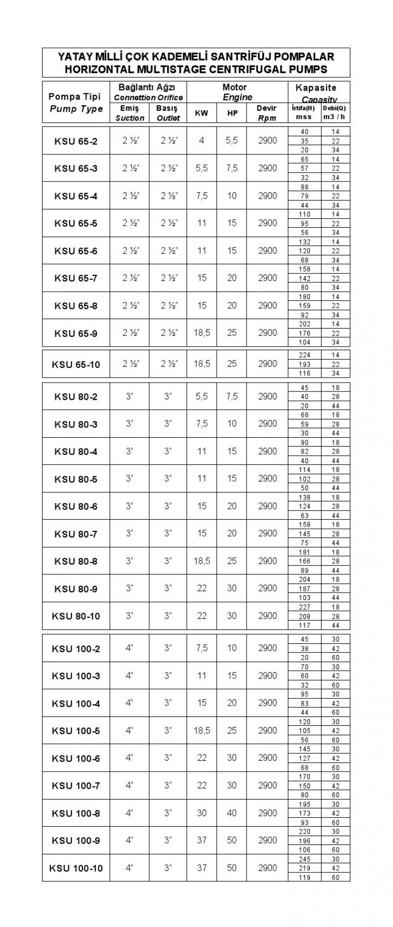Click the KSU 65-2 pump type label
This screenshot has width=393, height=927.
pyautogui.click(x=76, y=142)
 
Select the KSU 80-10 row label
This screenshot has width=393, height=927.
pyautogui.click(x=76, y=616)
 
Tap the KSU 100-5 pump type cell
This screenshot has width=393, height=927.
pyautogui.click(x=76, y=731)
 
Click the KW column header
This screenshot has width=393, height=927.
pyautogui.click(x=201, y=113)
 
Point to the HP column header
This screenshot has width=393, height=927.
pyautogui.click(x=232, y=113)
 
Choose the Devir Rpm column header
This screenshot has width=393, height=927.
pyautogui.click(x=267, y=113)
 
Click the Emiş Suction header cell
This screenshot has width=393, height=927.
pyautogui.click(x=130, y=113)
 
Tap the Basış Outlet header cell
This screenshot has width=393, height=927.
pyautogui.click(x=168, y=113)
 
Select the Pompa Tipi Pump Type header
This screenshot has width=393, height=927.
pyautogui.click(x=76, y=103)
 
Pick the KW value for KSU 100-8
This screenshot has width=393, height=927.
pyautogui.click(x=201, y=813)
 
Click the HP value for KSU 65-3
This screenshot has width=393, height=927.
pyautogui.click(x=232, y=168)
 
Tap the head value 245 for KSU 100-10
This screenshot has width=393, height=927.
pyautogui.click(x=305, y=859)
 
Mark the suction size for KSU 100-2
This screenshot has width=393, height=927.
pyautogui.click(x=130, y=648)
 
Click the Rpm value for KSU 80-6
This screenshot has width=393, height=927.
pyautogui.click(x=267, y=506)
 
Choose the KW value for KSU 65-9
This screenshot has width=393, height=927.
pyautogui.click(x=201, y=333)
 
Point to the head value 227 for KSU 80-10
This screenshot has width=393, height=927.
pyautogui.click(x=305, y=607)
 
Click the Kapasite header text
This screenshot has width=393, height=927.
pyautogui.click(x=316, y=88)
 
